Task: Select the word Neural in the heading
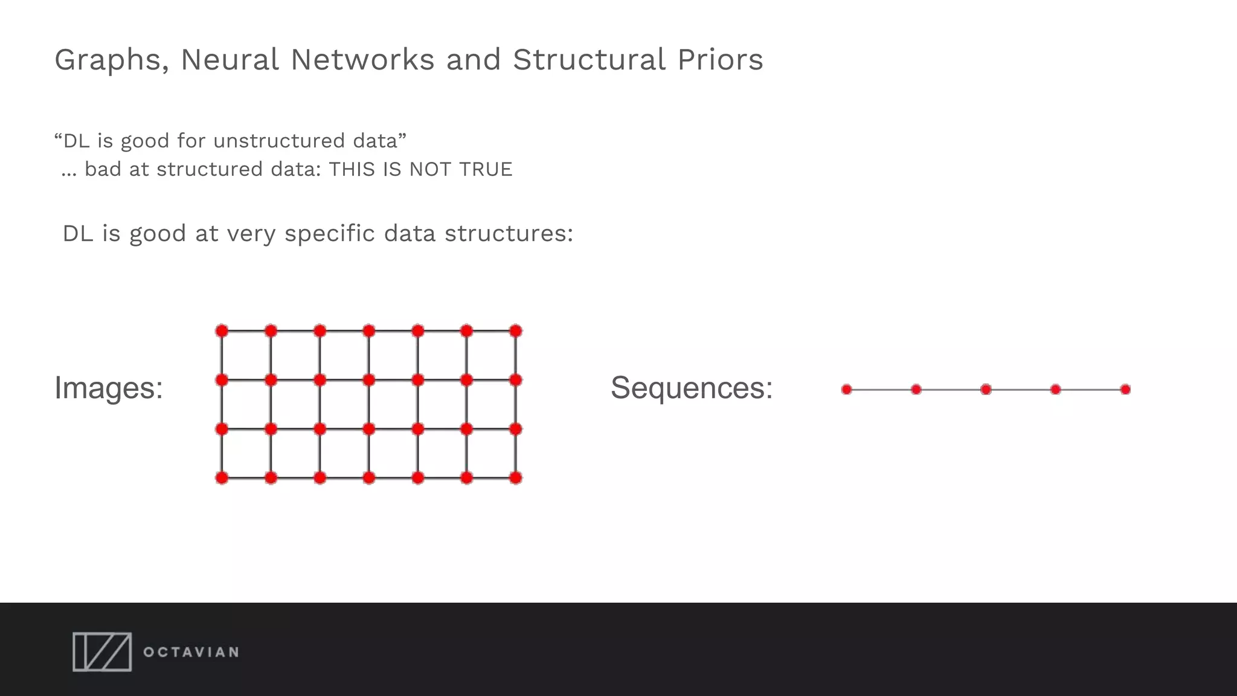pos(230,60)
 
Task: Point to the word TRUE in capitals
pos(486,170)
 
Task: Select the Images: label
pos(109,388)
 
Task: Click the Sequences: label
pos(692,388)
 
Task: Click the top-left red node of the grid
pos(222,331)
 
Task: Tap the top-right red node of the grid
pos(515,331)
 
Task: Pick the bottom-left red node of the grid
pos(222,478)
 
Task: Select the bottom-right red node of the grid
pos(515,478)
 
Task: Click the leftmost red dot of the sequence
pos(847,390)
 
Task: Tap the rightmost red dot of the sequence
pos(1125,390)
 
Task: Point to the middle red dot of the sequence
pos(986,390)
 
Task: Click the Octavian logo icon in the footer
pos(102,652)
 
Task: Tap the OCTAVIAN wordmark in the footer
pos(191,652)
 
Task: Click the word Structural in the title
pos(590,60)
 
